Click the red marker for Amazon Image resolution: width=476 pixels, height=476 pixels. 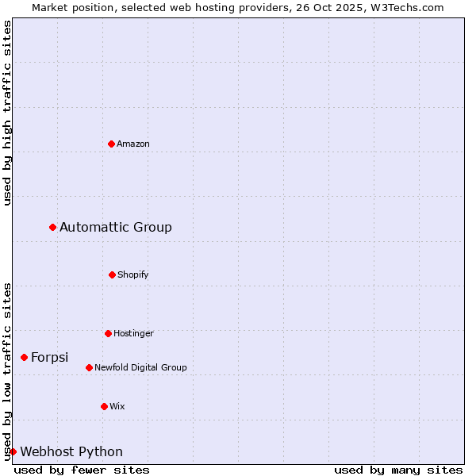click(x=111, y=144)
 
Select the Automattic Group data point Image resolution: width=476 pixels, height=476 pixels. click(x=52, y=228)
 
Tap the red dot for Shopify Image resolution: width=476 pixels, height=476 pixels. click(x=112, y=274)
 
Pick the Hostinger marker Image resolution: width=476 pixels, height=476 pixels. click(x=108, y=333)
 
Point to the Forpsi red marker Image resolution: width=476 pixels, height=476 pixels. click(x=24, y=357)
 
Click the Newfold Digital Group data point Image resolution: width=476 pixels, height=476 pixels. click(x=89, y=367)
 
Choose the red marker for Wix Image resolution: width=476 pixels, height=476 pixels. click(x=104, y=406)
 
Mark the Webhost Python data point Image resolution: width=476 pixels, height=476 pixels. click(x=13, y=451)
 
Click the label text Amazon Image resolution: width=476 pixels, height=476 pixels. click(x=133, y=144)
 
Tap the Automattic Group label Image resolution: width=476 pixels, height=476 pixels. click(x=116, y=228)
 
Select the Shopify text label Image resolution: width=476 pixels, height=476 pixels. click(x=133, y=274)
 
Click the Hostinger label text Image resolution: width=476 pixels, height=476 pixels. click(x=133, y=333)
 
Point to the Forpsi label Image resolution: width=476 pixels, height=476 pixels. click(x=49, y=357)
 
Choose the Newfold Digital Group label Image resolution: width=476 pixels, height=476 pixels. click(x=140, y=367)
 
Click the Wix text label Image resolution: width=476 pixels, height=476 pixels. click(x=117, y=406)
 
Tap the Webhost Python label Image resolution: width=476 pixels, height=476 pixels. click(x=71, y=451)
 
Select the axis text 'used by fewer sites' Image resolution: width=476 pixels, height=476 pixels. click(x=82, y=470)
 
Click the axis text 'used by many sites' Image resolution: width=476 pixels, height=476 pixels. click(x=398, y=470)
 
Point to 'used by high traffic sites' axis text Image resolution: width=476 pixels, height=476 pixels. click(x=7, y=113)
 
